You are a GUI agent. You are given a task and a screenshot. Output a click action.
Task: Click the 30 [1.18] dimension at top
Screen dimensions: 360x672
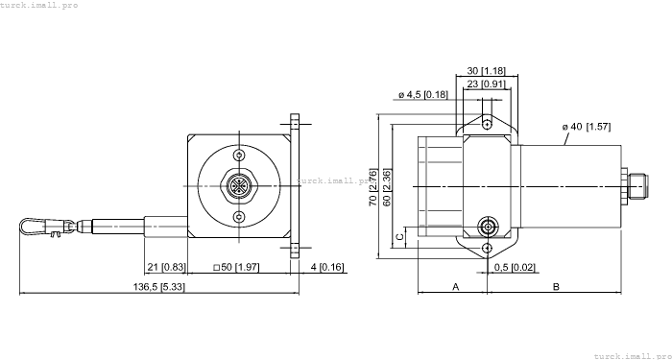pyautogui.click(x=488, y=71)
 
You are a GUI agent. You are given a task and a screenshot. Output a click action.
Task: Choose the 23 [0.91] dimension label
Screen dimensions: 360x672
pyautogui.click(x=488, y=84)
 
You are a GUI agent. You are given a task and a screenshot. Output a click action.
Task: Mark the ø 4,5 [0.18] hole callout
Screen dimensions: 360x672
pyautogui.click(x=422, y=94)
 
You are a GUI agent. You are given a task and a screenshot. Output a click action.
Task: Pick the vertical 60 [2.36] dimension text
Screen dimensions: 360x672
pyautogui.click(x=386, y=188)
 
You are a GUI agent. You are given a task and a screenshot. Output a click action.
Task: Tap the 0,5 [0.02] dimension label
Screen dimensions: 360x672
pyautogui.click(x=516, y=266)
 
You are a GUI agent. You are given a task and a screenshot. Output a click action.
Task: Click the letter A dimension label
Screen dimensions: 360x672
pyautogui.click(x=455, y=287)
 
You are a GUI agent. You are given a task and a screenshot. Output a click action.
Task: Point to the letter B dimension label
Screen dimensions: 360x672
pyautogui.click(x=556, y=287)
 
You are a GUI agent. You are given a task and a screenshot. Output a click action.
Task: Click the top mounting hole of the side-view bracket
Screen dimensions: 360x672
pyautogui.click(x=488, y=124)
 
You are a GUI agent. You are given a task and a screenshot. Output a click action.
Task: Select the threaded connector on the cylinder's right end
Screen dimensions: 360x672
pyautogui.click(x=634, y=185)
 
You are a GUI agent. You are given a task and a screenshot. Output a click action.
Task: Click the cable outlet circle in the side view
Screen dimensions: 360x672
pyautogui.click(x=488, y=228)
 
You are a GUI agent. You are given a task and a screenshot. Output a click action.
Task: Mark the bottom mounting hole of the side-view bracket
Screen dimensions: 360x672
pyautogui.click(x=488, y=248)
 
